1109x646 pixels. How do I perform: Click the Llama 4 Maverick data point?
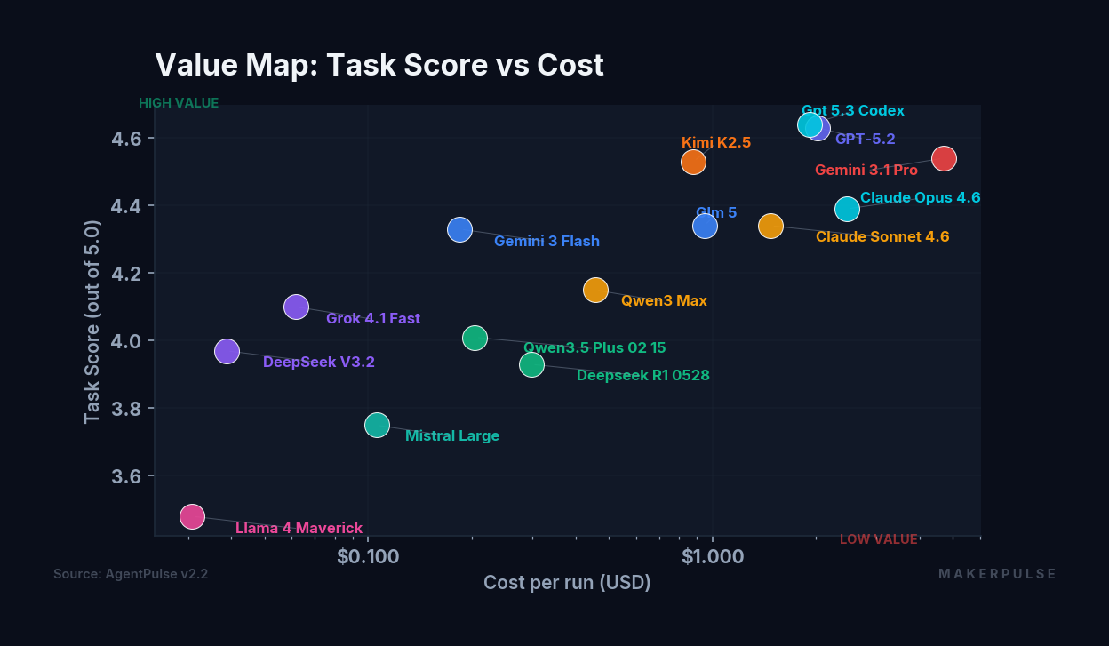point(192,516)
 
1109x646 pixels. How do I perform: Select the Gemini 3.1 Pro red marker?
point(944,158)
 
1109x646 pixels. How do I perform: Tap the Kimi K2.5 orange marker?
point(693,162)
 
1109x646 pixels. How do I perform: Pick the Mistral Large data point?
point(377,425)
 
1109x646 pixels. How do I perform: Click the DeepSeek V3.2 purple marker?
point(227,352)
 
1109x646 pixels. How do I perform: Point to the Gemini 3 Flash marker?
point(459,230)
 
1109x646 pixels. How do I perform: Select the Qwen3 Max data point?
point(595,290)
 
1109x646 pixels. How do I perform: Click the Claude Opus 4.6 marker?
point(847,209)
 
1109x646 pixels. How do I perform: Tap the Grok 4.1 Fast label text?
point(373,318)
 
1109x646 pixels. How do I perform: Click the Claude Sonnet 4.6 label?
point(882,237)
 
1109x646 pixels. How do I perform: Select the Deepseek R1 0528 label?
point(642,376)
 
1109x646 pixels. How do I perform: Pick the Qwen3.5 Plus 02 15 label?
point(594,348)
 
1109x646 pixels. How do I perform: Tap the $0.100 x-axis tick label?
point(367,556)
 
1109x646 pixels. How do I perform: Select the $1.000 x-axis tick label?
point(713,556)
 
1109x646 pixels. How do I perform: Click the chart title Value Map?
point(379,65)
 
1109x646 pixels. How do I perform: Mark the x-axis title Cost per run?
point(567,583)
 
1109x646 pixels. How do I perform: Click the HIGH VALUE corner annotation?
point(179,103)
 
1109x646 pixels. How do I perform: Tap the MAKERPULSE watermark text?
point(997,574)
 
